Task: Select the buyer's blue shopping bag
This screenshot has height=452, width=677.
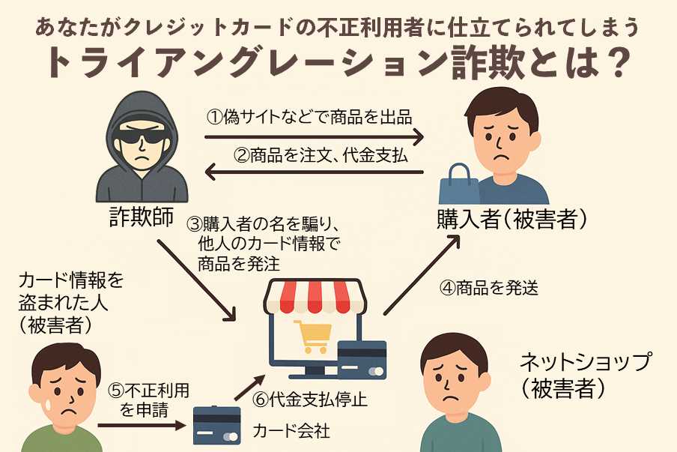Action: click(x=459, y=184)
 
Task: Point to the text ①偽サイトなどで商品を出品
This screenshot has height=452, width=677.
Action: click(x=309, y=117)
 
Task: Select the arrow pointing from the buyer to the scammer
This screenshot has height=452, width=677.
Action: click(x=315, y=174)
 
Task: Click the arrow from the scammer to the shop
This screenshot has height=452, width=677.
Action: click(x=198, y=282)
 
